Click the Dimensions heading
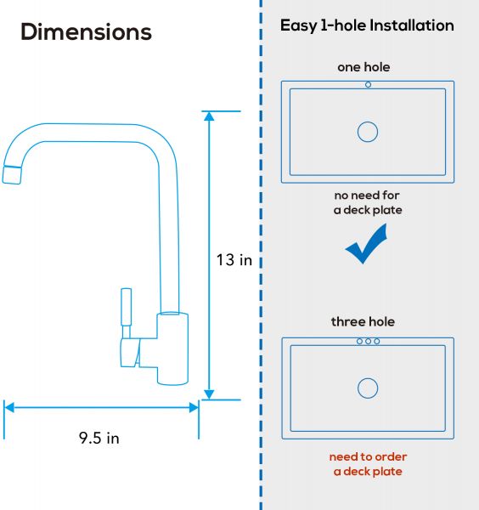tap(86, 32)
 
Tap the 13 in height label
tap(234, 260)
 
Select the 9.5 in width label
tap(99, 438)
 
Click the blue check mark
tap(366, 244)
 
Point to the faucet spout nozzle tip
tap(12, 175)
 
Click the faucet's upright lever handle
tap(126, 307)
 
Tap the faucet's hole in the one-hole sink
tap(369, 84)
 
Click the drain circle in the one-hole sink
tap(368, 132)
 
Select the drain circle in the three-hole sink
tap(368, 388)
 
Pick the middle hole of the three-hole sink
tap(369, 341)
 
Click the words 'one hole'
tap(363, 67)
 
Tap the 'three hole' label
tap(363, 321)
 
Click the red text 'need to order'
tap(368, 456)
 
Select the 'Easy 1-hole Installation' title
tap(367, 25)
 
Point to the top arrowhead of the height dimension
tap(209, 116)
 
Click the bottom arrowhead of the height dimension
tap(209, 394)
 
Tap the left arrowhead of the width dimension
tap(9, 407)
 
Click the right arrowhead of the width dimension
tap(194, 407)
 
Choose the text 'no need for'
tap(367, 195)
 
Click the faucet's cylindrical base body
tap(172, 348)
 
